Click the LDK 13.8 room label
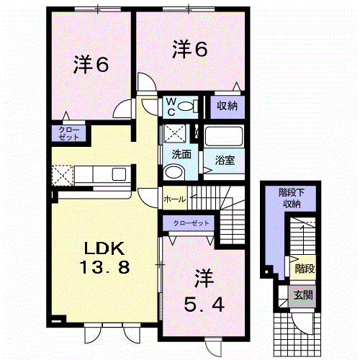tap(104, 258)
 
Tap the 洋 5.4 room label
tap(204, 291)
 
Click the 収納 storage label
tap(227, 106)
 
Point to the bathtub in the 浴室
tap(224, 136)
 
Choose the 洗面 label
tap(181, 155)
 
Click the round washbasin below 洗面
tap(174, 171)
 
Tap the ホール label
tap(175, 199)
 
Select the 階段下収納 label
tap(292, 198)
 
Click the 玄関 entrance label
tap(303, 295)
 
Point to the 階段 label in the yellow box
tap(305, 269)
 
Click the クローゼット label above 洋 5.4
tap(191, 223)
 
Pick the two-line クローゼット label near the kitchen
tap(69, 134)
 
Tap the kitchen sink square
tap(120, 174)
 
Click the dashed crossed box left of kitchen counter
tap(63, 175)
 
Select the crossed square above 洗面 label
tap(174, 133)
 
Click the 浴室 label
tap(225, 160)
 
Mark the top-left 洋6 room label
tap(91, 65)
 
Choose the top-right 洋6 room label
tap(189, 49)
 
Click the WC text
tap(171, 107)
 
